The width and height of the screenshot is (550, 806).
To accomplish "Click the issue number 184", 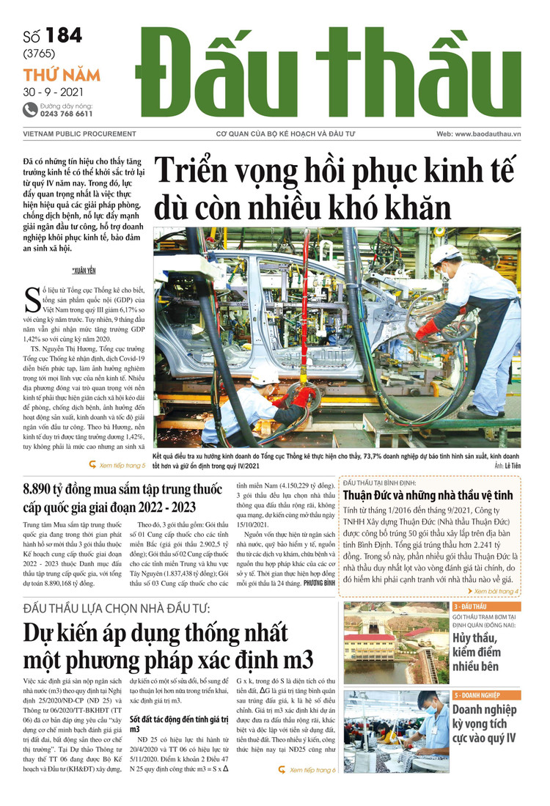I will click(x=63, y=36).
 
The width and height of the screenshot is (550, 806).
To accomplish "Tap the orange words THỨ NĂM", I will click(x=62, y=75).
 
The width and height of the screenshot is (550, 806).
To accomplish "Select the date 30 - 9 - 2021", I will click(x=54, y=92).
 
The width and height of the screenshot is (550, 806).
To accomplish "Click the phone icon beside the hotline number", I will click(x=30, y=110).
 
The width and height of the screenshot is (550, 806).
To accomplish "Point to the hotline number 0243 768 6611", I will click(x=67, y=114).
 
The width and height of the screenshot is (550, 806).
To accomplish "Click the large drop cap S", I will click(x=32, y=301).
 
